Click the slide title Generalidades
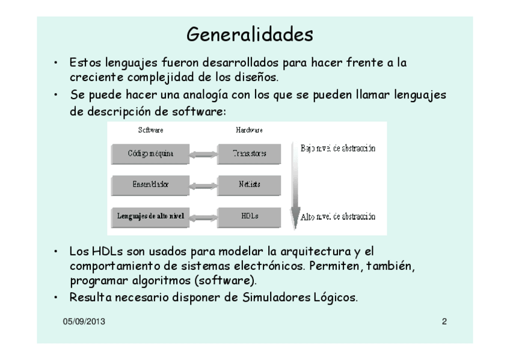(x=250, y=34)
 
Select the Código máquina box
(x=150, y=153)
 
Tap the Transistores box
(x=249, y=153)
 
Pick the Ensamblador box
(x=150, y=185)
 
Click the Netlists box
(x=249, y=185)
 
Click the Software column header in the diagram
(x=150, y=130)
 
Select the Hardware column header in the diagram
(x=250, y=130)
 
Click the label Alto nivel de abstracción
(x=338, y=216)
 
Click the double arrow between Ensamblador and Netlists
(x=203, y=185)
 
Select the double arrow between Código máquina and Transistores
(x=203, y=153)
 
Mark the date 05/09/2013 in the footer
(x=84, y=322)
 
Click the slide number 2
(x=444, y=322)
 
